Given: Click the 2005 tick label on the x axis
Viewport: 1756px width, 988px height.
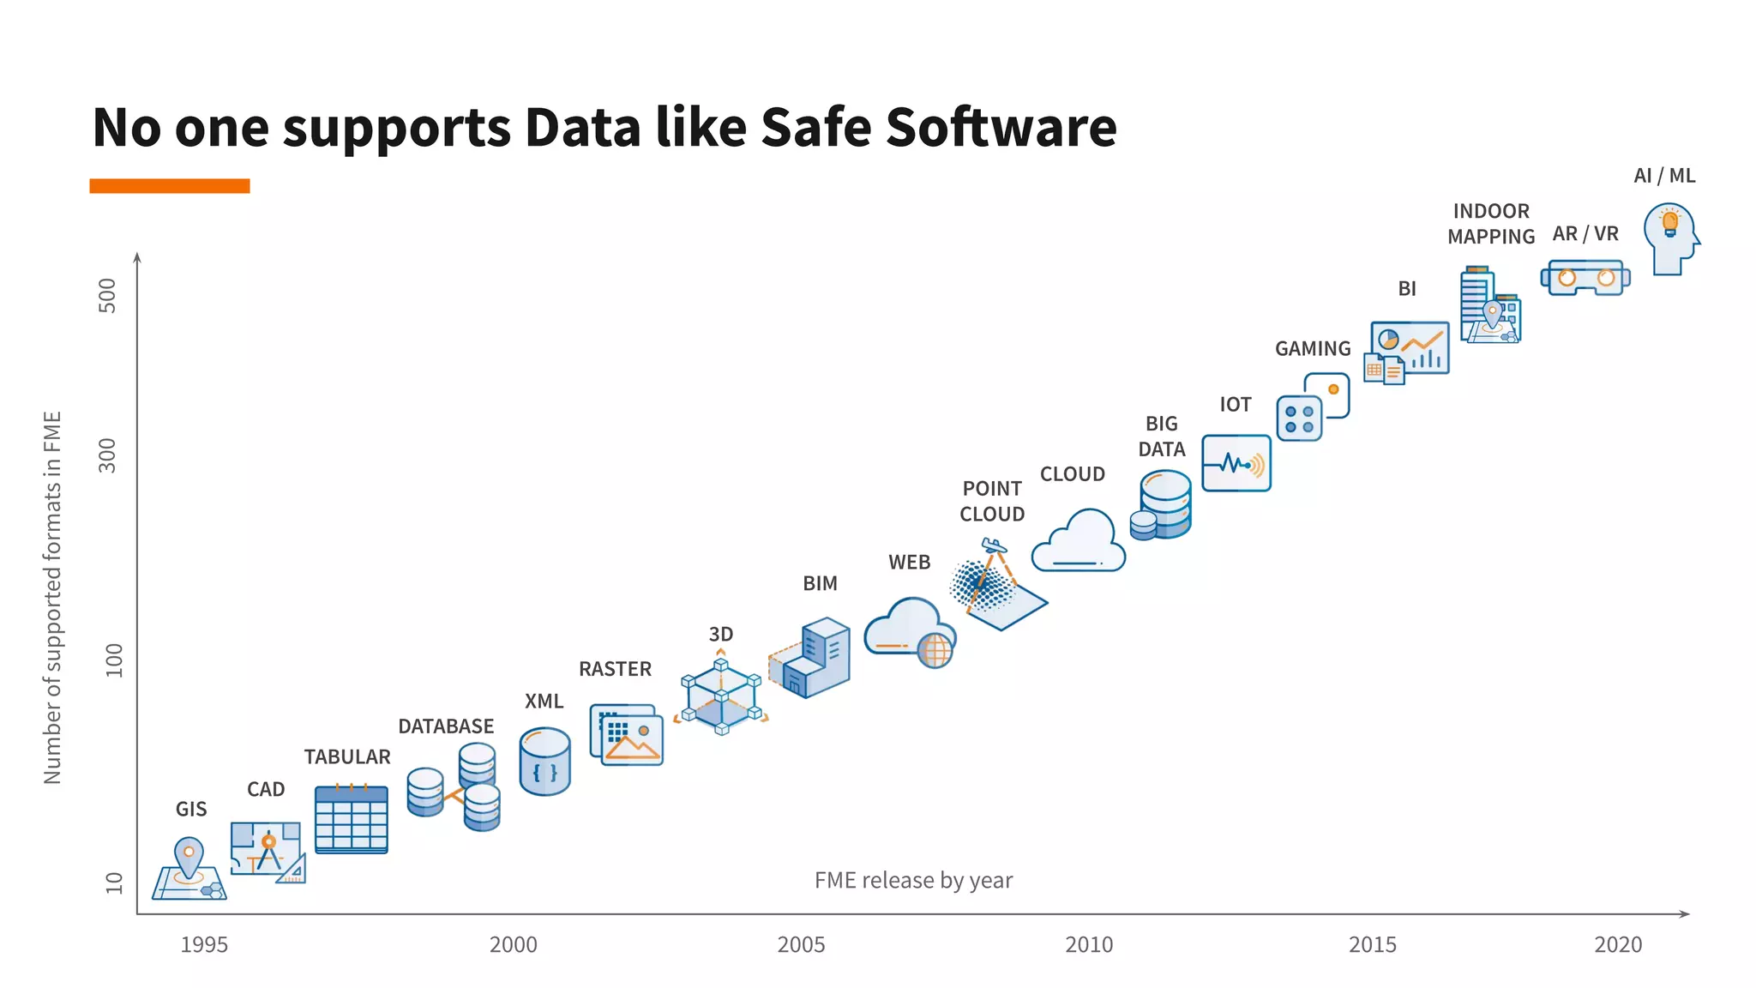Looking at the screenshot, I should (801, 944).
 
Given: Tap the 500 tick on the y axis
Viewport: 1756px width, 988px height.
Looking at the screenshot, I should (107, 295).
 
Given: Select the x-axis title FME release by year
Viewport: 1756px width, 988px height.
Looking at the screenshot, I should (913, 880).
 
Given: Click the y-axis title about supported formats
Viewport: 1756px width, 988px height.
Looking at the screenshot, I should (52, 597).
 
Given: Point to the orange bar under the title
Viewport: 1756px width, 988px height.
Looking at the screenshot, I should (169, 185).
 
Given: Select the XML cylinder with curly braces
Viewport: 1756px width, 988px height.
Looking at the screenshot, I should (544, 762).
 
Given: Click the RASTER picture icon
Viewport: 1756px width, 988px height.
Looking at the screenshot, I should (627, 735).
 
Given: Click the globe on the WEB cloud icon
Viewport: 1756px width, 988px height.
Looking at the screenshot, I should (935, 650).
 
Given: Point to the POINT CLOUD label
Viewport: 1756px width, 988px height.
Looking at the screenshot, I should (992, 501).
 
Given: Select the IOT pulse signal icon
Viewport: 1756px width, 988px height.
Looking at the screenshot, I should (1236, 463).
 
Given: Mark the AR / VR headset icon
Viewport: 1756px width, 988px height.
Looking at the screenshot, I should (1585, 278).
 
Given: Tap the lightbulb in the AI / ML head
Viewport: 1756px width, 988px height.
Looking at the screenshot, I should (1669, 223).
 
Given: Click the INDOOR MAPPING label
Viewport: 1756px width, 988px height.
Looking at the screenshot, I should (1491, 224).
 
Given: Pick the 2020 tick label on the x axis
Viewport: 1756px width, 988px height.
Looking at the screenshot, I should (1618, 944).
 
